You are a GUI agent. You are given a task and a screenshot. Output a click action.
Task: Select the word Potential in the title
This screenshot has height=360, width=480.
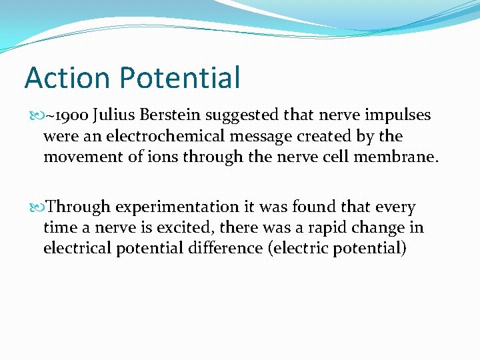pos(180,77)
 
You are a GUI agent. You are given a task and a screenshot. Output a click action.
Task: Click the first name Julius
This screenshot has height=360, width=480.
pos(114,115)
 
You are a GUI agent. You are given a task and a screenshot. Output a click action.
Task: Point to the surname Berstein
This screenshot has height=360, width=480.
pos(169,115)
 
